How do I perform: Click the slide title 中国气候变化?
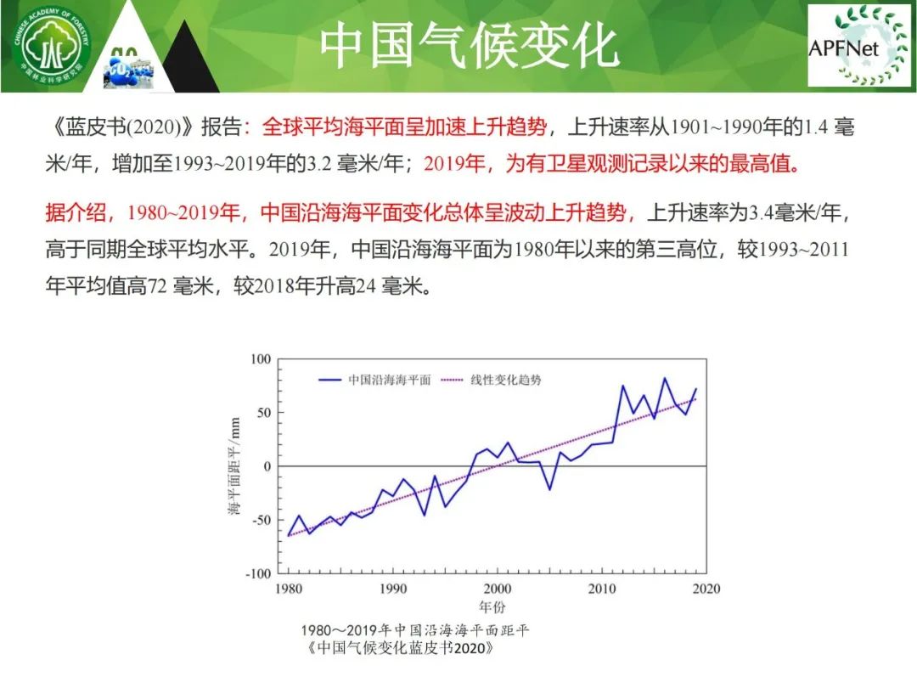click(469, 46)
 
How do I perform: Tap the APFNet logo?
click(858, 46)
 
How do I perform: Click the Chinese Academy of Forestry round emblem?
click(52, 47)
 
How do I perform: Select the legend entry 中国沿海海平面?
click(390, 380)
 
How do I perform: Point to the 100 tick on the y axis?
click(261, 358)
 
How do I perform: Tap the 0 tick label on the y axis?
click(267, 466)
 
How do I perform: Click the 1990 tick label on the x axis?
click(393, 589)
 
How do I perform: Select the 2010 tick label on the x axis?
click(602, 589)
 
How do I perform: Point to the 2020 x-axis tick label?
click(706, 589)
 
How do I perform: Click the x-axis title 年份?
click(492, 606)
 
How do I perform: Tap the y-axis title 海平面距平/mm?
click(234, 466)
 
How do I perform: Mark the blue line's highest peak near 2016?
click(664, 379)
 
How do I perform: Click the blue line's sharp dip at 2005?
click(549, 488)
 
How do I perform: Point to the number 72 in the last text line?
click(157, 287)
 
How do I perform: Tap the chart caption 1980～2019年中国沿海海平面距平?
click(415, 630)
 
